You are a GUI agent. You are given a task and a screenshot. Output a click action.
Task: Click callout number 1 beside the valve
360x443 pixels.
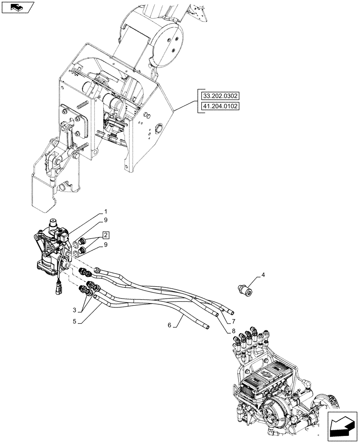pyautogui.click(x=106, y=212)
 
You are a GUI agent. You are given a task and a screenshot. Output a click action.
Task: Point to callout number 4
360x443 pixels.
pyautogui.click(x=263, y=276)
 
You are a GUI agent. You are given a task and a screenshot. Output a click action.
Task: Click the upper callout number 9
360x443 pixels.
pyautogui.click(x=106, y=220)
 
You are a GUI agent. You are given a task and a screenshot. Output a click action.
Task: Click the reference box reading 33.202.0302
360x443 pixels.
pyautogui.click(x=220, y=95)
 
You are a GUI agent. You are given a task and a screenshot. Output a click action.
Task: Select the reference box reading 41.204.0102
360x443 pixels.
pyautogui.click(x=220, y=106)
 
